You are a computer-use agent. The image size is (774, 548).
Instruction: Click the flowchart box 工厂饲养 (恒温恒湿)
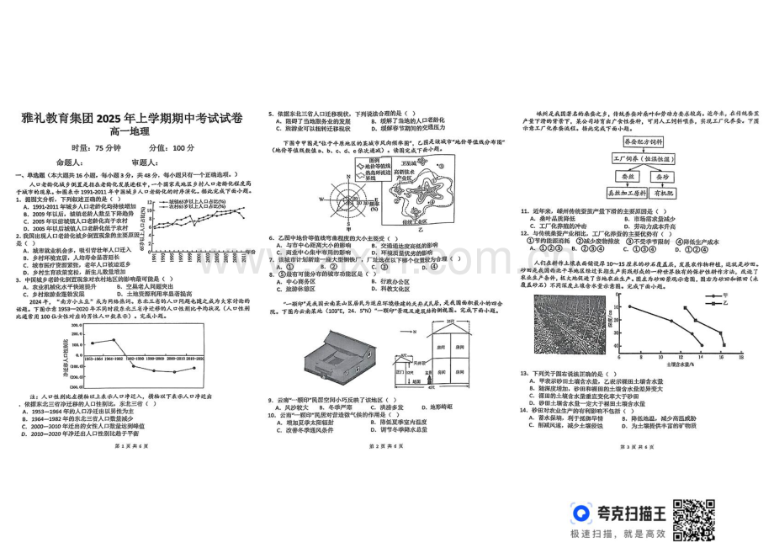(x=644, y=158)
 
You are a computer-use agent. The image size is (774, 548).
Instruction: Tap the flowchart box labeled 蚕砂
(x=662, y=177)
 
